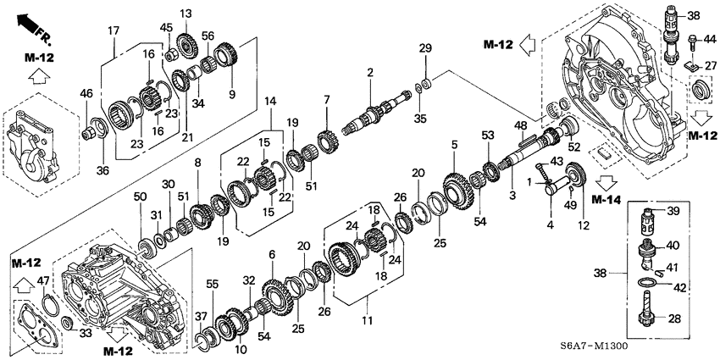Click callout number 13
186,13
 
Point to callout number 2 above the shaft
369,73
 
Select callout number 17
112,31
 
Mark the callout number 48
521,125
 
